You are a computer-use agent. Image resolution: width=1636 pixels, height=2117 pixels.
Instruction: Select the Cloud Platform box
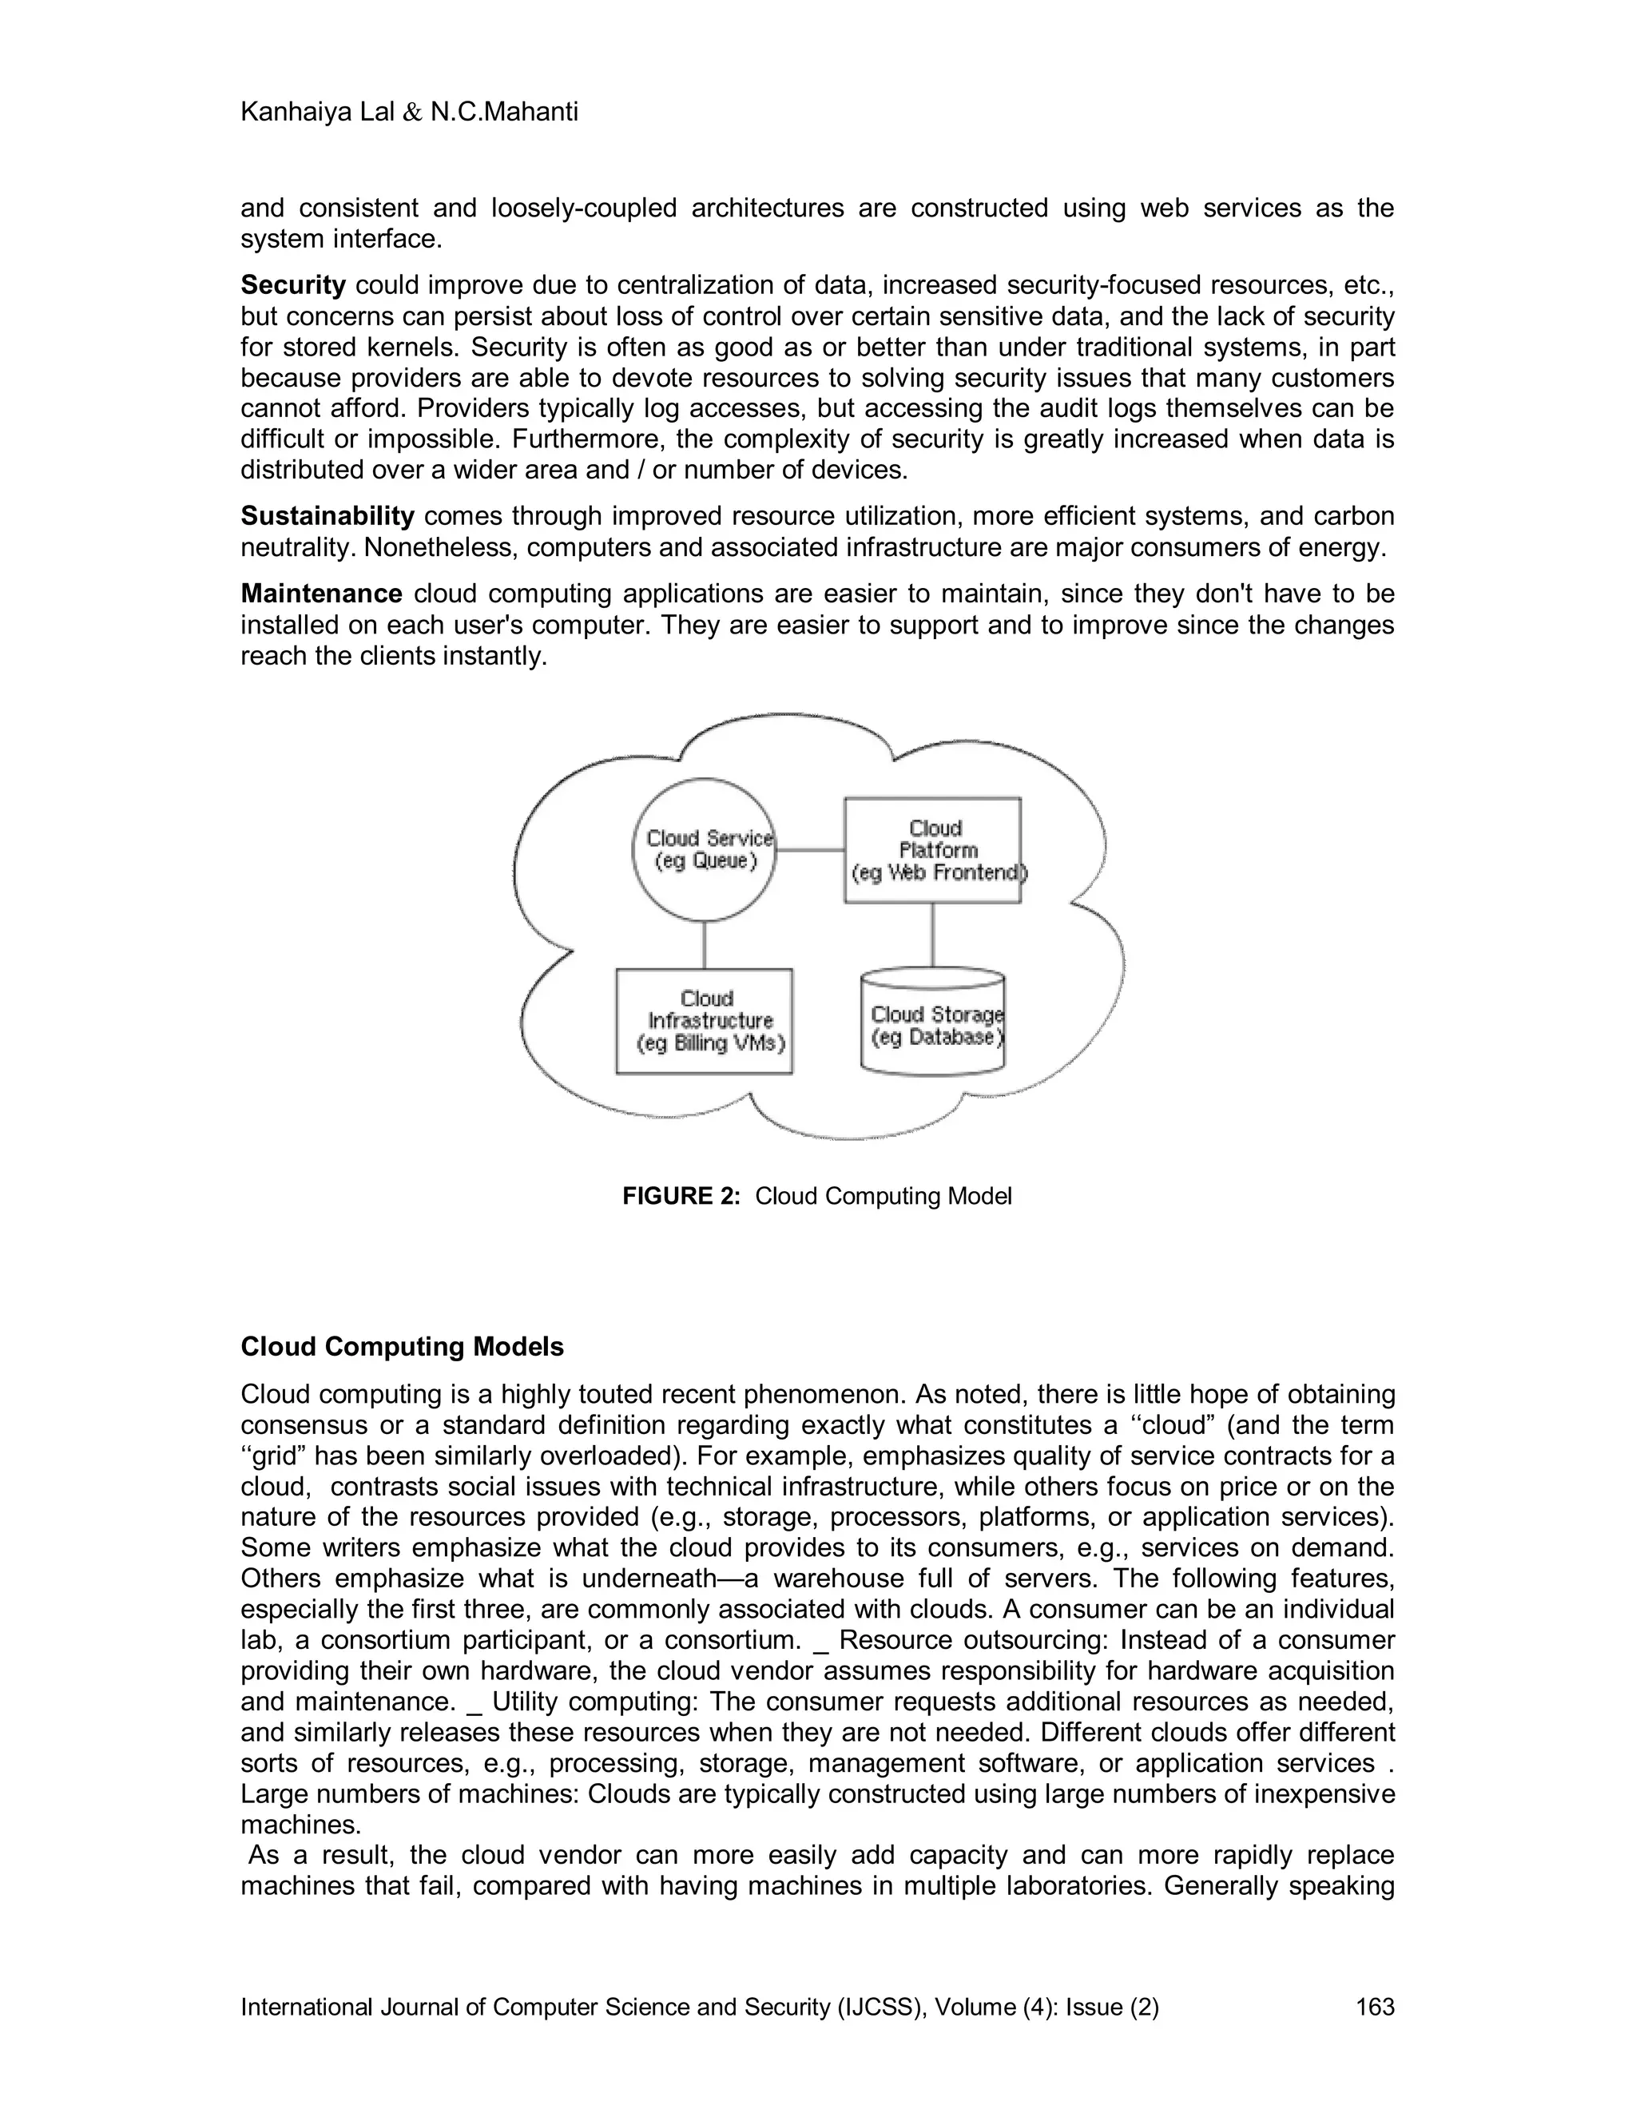[x=932, y=850]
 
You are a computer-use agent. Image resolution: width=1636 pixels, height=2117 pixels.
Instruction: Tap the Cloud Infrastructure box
[x=705, y=1021]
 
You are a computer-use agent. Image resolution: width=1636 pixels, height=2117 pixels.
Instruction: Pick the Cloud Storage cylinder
[x=932, y=1023]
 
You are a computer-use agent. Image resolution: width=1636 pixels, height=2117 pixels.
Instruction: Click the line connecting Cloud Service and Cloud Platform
[x=810, y=850]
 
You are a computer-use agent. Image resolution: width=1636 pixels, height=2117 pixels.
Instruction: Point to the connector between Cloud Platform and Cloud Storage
[x=932, y=935]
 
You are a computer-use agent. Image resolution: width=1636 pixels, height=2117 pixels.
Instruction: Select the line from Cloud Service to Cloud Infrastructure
[x=705, y=945]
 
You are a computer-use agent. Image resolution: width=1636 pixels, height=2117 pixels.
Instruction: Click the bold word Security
[x=292, y=285]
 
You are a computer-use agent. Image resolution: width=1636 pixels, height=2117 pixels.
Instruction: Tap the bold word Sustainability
[x=327, y=516]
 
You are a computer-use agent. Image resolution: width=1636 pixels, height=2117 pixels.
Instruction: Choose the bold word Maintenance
[x=321, y=594]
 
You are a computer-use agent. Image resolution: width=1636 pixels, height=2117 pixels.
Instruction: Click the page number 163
[x=1374, y=2007]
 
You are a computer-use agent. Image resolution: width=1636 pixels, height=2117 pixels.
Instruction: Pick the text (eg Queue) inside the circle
[x=705, y=860]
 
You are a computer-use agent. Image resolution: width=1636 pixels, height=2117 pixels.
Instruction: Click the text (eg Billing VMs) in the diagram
[x=710, y=1044]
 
